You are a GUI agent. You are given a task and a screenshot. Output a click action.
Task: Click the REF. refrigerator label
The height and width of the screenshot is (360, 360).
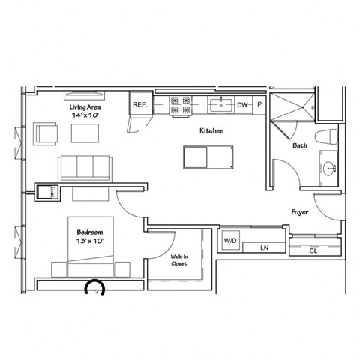139,106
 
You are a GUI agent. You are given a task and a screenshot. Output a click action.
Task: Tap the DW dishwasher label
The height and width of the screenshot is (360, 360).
242,106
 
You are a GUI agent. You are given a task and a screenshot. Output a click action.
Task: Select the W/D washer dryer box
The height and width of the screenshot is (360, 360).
229,241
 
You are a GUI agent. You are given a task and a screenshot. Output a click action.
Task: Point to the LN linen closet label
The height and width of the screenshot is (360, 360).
264,247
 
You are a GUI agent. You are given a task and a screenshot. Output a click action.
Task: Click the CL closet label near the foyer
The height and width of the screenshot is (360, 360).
312,250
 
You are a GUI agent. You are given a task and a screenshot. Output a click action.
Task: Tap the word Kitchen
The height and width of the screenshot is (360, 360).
211,131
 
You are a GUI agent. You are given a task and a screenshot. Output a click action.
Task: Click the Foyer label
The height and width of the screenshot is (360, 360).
300,212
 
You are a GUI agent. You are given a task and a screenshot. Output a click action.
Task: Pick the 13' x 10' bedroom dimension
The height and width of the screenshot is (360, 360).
89,241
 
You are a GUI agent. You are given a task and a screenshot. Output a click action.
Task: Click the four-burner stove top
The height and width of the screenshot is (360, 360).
180,105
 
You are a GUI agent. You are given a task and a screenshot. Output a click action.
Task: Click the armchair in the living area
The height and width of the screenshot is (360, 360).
43,134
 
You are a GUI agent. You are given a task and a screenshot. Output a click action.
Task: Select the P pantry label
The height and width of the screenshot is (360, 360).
259,106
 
